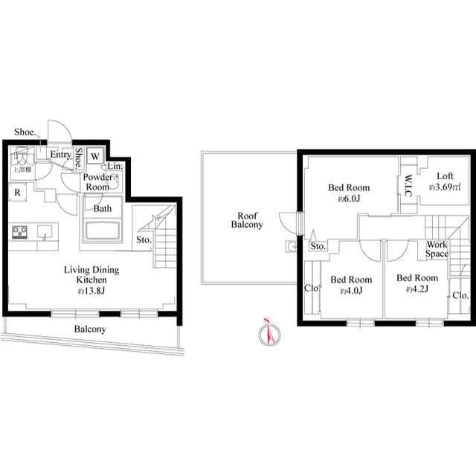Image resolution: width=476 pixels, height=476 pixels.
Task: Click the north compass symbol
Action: coord(269,335)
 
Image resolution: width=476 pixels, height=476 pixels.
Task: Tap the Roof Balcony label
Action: coord(246,219)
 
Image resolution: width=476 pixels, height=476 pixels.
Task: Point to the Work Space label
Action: coord(437,249)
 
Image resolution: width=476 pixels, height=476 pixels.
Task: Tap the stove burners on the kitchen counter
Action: coord(19,233)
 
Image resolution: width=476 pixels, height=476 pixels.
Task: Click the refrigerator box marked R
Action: coord(16,192)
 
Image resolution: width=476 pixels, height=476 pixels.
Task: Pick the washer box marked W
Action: coord(95,157)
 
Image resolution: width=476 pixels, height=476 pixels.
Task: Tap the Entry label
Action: coord(60,155)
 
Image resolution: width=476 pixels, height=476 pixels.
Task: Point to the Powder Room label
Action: coord(97,182)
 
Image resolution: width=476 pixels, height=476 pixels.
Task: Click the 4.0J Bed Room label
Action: coord(346,285)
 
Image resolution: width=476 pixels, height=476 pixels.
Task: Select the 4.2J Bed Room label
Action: coord(416,283)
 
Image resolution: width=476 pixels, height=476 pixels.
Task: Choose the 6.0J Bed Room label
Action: coord(349,193)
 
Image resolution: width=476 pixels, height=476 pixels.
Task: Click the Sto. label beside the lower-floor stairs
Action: coord(144,240)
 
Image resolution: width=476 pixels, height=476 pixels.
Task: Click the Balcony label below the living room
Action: coord(89,329)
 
